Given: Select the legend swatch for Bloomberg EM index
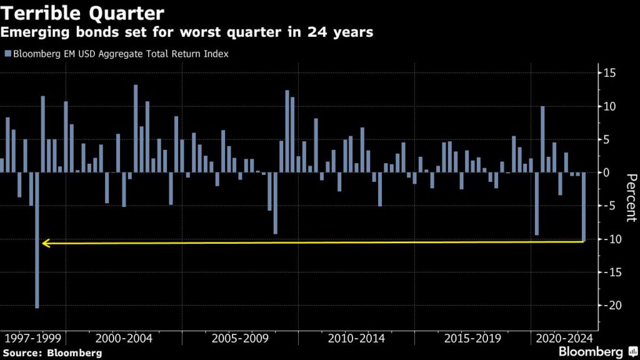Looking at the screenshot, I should tap(7, 54).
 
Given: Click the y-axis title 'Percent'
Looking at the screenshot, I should tap(630, 197).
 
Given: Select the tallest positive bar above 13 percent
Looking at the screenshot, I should tap(136, 128).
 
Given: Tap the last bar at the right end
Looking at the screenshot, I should tap(584, 207).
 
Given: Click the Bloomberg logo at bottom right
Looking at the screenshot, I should tap(597, 352).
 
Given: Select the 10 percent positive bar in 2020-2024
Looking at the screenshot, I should tap(542, 139).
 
